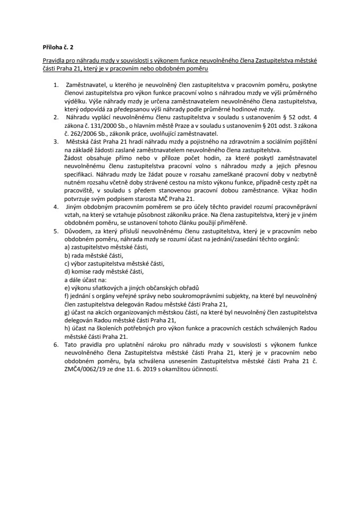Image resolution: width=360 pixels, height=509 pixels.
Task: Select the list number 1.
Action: click(56, 84)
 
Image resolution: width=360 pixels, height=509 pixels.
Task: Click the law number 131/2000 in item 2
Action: click(97, 122)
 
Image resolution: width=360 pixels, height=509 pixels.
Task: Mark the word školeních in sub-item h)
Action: click(105, 328)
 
